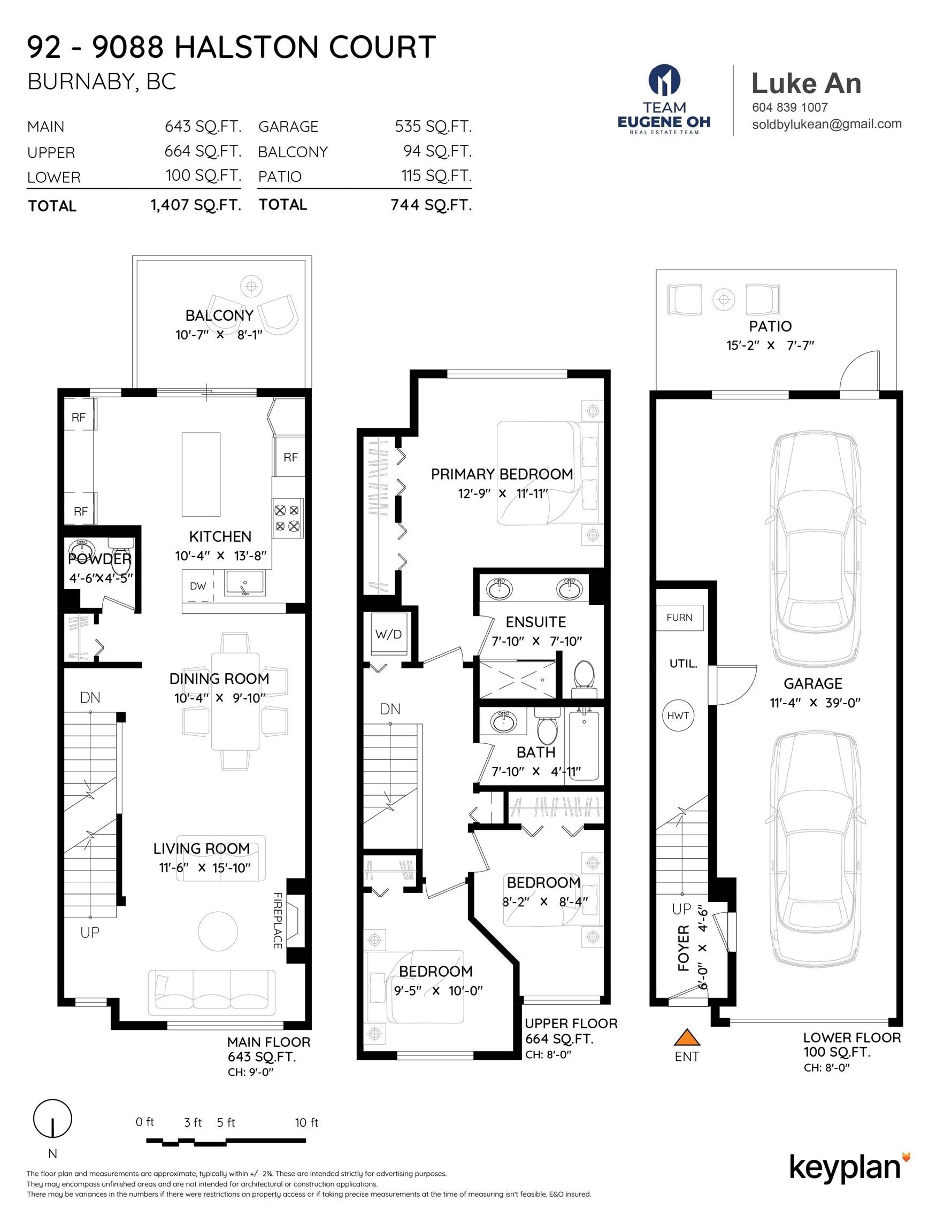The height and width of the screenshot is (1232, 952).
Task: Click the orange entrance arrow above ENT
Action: point(687,1037)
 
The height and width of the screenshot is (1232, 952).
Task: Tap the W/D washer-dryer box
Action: point(389,634)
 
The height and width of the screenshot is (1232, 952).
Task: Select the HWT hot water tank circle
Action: point(678,715)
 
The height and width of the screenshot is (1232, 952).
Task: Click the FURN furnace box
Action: point(679,618)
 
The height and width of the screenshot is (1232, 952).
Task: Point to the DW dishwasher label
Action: point(197,586)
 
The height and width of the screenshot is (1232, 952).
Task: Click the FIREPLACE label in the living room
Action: point(278,921)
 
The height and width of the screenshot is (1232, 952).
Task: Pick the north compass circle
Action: point(52,1119)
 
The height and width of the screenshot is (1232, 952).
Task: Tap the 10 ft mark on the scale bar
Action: point(306,1122)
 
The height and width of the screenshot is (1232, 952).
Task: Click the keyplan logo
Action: point(849,1168)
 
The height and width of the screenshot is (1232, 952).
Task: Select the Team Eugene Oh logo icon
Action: point(664,80)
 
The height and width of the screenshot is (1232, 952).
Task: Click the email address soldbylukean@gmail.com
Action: point(827,124)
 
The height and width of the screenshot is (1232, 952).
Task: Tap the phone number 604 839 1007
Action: point(790,107)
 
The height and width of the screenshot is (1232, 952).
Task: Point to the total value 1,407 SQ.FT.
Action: point(196,205)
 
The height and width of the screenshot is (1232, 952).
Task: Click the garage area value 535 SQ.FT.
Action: point(433,126)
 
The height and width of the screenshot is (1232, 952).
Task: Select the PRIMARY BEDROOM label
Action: point(502,474)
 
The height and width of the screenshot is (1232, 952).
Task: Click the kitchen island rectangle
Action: point(201,474)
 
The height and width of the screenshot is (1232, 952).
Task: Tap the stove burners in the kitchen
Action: point(287,518)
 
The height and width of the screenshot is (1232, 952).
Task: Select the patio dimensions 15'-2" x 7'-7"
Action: point(770,345)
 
